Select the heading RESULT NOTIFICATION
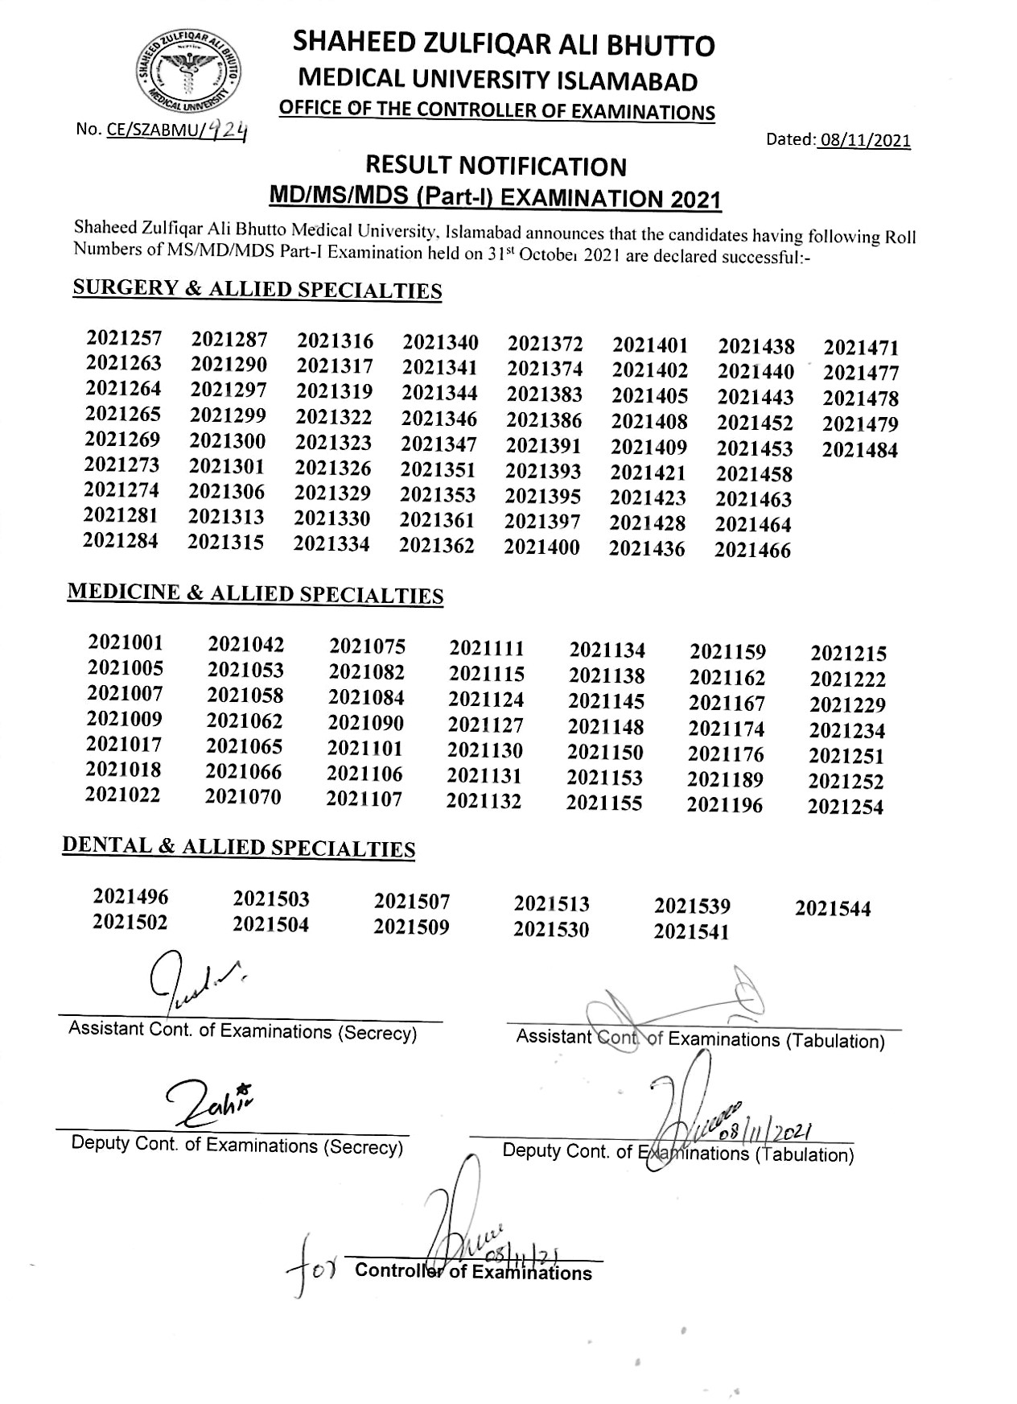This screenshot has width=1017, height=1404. pyautogui.click(x=496, y=167)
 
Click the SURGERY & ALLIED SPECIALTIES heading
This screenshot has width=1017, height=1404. pyautogui.click(x=257, y=290)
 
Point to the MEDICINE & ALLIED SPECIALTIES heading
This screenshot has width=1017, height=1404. pyautogui.click(x=255, y=593)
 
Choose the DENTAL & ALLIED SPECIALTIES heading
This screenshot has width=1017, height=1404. pyautogui.click(x=239, y=847)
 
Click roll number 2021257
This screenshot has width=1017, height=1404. pyautogui.click(x=124, y=338)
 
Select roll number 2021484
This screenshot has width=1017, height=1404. pyautogui.click(x=859, y=450)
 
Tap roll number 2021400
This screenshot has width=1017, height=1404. pyautogui.click(x=541, y=547)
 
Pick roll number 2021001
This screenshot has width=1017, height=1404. pyautogui.click(x=126, y=642)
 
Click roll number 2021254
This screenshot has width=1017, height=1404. pyautogui.click(x=846, y=807)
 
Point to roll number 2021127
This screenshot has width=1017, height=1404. pyautogui.click(x=485, y=725)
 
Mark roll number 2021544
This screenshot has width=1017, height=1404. pyautogui.click(x=833, y=909)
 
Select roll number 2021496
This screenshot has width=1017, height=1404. pyautogui.click(x=130, y=897)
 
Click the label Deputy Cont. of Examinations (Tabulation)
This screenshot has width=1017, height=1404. pyautogui.click(x=677, y=1153)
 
